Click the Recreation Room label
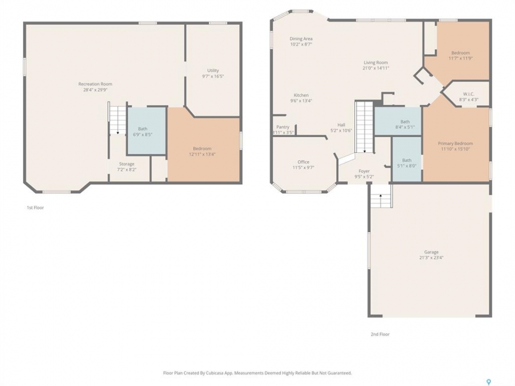(95, 84)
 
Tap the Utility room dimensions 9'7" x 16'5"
(213, 76)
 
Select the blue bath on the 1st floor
(146, 131)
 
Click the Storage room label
(127, 164)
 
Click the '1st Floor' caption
(35, 207)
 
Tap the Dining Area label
(301, 39)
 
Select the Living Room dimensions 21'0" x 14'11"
(376, 68)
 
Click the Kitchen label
(301, 95)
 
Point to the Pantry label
(283, 127)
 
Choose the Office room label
(304, 162)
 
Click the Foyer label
(364, 171)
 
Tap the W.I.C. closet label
(469, 94)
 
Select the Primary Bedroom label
(455, 143)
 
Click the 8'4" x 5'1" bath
(398, 121)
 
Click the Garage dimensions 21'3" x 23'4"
(431, 258)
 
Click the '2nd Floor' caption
(380, 334)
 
